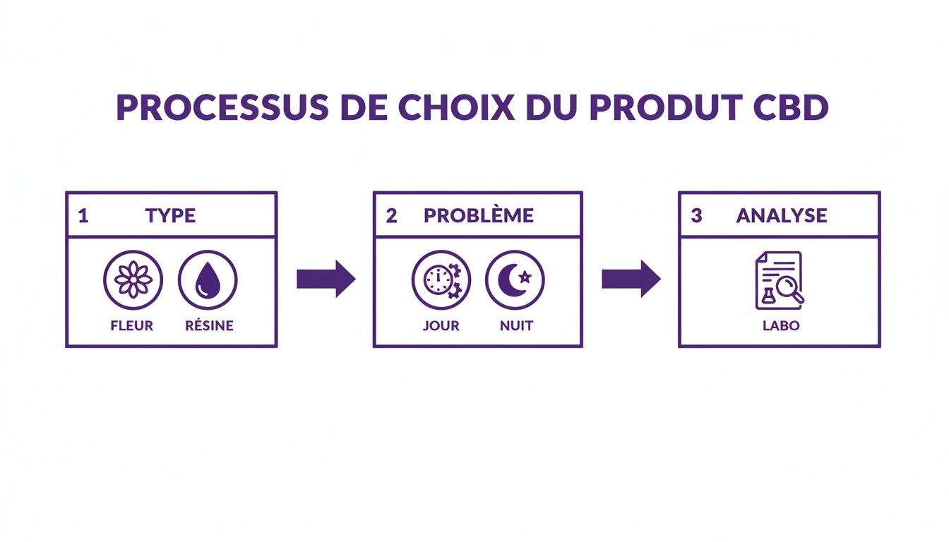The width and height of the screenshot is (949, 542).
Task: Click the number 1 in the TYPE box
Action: pyautogui.click(x=83, y=216)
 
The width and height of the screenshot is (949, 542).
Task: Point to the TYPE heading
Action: pyautogui.click(x=170, y=216)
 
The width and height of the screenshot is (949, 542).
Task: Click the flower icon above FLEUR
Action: pyautogui.click(x=133, y=280)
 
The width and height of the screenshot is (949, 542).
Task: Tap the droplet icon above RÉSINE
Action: pyautogui.click(x=208, y=280)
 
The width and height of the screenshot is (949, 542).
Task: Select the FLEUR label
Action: pyautogui.click(x=133, y=326)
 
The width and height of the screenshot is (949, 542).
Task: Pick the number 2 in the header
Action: pyautogui.click(x=391, y=216)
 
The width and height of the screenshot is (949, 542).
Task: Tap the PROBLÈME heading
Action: pyautogui.click(x=479, y=216)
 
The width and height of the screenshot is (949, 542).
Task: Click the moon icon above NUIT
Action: pyautogui.click(x=515, y=280)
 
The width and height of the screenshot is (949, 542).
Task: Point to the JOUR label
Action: pyautogui.click(x=441, y=326)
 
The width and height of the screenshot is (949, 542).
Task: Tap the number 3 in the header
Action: pyautogui.click(x=696, y=216)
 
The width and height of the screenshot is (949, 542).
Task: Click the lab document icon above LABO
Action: pyautogui.click(x=780, y=280)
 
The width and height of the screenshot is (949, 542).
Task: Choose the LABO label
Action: pyautogui.click(x=780, y=326)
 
